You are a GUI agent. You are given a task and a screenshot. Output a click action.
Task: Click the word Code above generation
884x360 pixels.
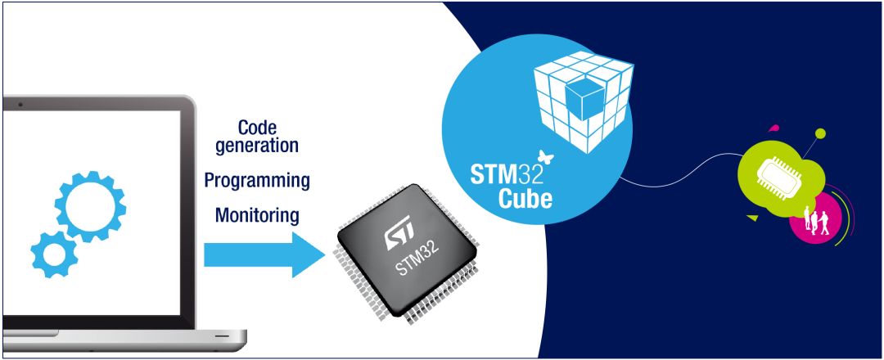257,128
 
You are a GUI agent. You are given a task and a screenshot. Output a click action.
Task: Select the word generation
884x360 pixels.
257,146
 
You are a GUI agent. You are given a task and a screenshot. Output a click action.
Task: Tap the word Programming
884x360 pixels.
257,180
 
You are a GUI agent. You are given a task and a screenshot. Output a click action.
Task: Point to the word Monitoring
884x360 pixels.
257,215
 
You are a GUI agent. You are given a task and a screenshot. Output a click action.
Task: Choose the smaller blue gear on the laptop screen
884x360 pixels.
54,254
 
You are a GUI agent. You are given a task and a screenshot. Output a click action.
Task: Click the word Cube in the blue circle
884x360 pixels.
525,198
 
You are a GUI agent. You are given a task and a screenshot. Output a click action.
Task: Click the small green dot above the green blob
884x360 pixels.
820,133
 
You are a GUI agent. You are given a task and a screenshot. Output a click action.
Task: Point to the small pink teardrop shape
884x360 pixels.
773,128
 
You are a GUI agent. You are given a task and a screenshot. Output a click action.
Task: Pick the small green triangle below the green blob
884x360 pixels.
751,218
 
